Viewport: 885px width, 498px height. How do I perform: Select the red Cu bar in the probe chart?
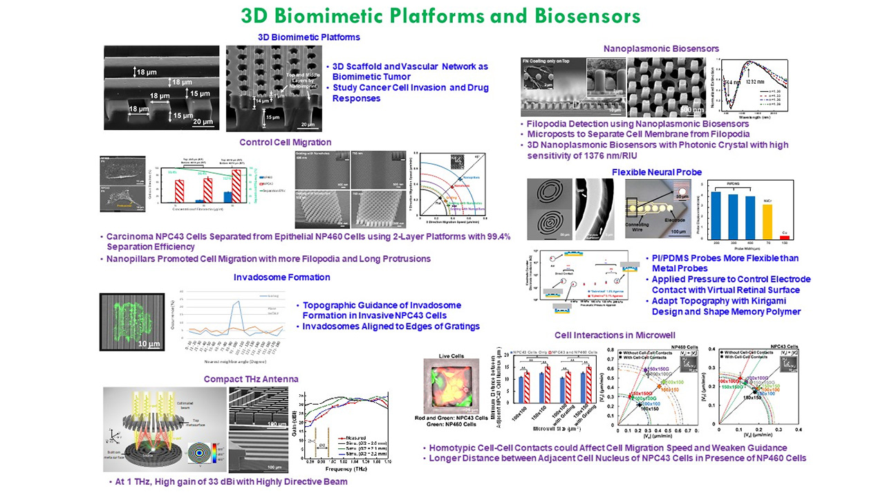(x=784, y=237)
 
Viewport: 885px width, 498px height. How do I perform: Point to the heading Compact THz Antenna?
(x=251, y=378)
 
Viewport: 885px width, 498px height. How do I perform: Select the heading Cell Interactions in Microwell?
(x=622, y=335)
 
